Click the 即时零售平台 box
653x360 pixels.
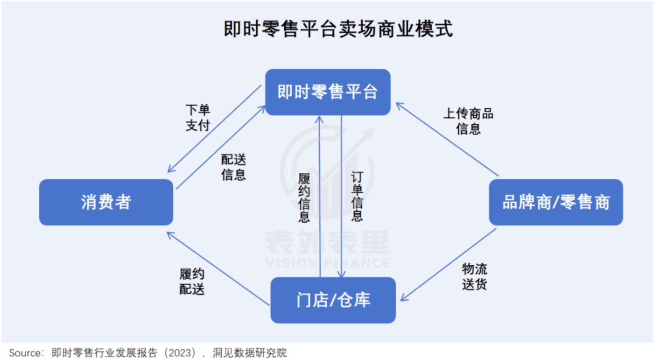pos(328,92)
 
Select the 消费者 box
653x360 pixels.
pos(106,202)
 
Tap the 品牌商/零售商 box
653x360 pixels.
pos(555,202)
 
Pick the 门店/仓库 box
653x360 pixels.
pos(333,300)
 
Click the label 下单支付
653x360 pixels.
pos(198,118)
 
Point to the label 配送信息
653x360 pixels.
pos(233,167)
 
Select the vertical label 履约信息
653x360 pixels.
pos(304,198)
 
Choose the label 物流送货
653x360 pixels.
pos(475,276)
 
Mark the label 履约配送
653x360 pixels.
pos(192,281)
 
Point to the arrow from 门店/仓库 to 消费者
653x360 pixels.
pos(218,268)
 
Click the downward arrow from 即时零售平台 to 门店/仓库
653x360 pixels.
pos(342,196)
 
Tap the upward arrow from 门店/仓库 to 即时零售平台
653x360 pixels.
pos(320,196)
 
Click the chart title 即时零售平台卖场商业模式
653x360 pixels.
pos(338,29)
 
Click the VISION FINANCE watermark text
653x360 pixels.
pos(327,263)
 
